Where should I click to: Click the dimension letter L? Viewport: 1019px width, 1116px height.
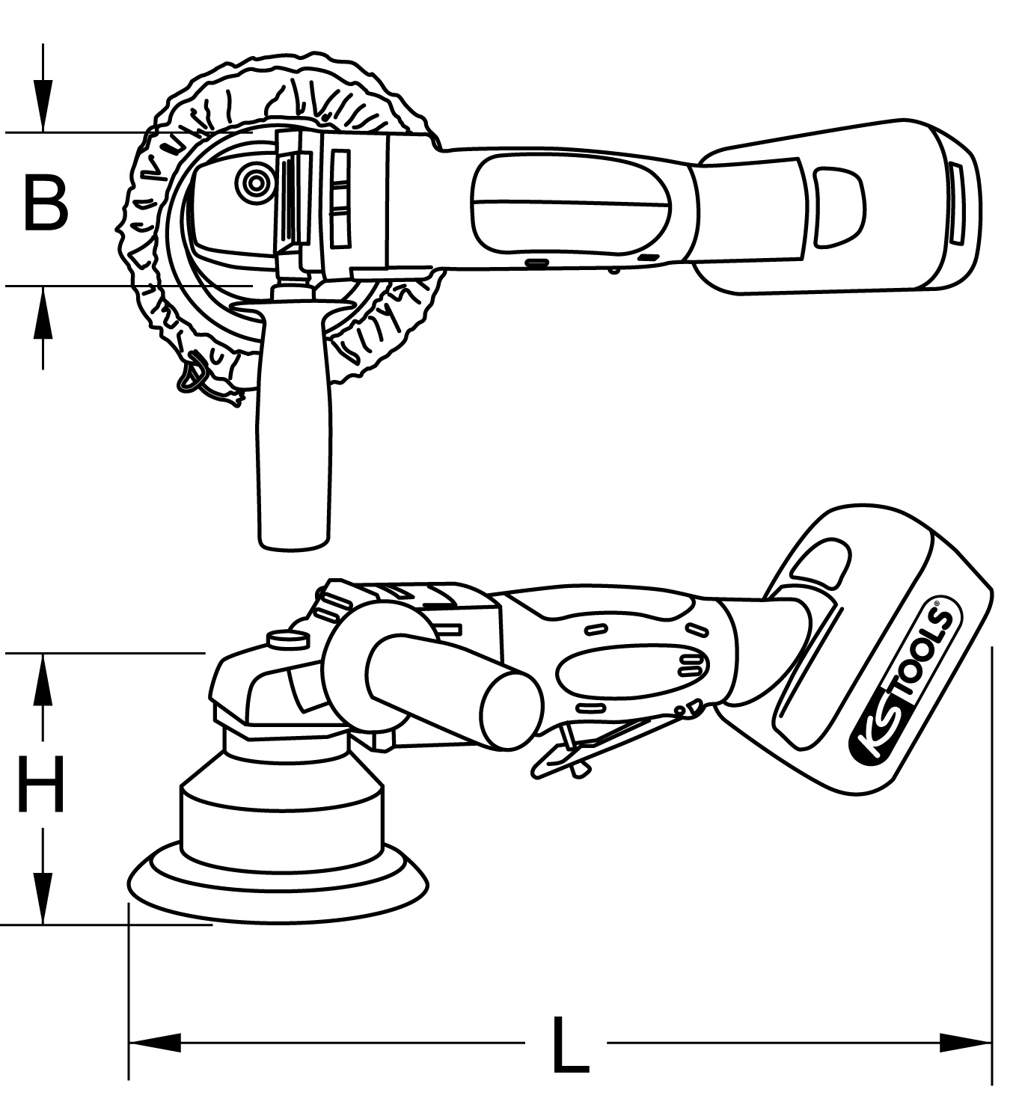click(x=569, y=1044)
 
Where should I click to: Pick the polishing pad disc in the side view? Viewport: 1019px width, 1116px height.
click(x=278, y=886)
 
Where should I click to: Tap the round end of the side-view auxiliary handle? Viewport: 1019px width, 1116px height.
click(x=511, y=708)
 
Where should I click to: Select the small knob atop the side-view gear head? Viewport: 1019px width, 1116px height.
click(x=288, y=639)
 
